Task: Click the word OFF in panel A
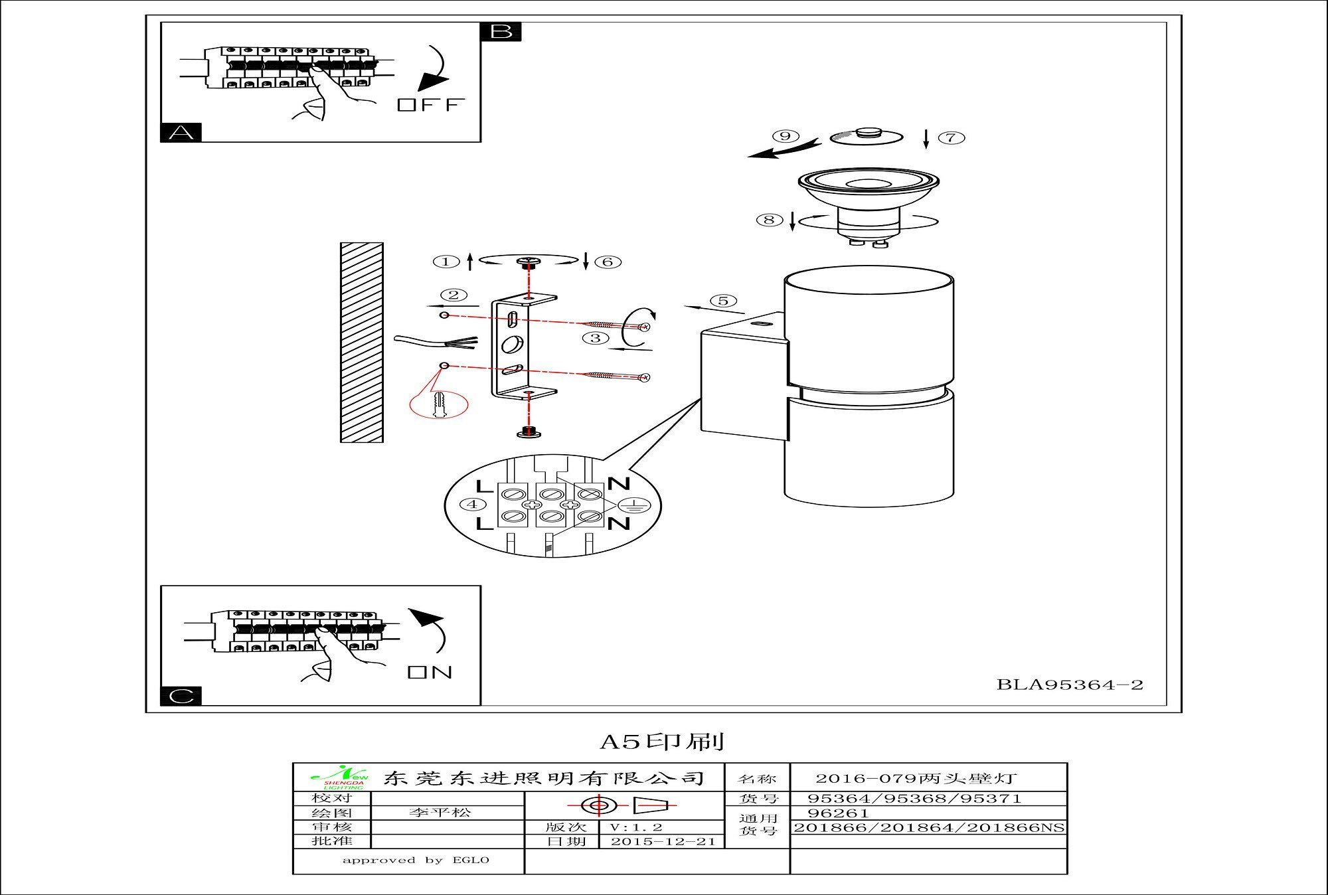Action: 431,105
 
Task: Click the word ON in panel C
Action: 430,672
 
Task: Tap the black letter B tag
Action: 501,31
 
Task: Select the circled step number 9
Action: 786,136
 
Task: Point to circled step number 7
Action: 951,137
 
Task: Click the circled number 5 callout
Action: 723,301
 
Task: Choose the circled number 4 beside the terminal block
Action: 472,505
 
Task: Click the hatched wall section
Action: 362,342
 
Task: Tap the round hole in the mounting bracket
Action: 513,344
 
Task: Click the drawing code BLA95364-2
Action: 1070,685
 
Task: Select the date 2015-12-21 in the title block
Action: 663,841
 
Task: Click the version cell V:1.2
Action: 635,827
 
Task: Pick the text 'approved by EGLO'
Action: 415,860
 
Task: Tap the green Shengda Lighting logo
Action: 339,778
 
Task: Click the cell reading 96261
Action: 837,813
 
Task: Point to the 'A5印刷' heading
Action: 662,742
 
